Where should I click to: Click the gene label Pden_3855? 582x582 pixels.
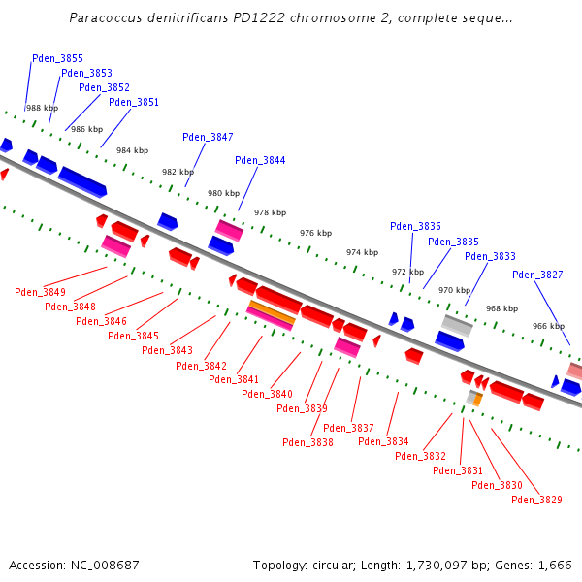(x=57, y=58)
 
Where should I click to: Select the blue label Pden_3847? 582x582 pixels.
(x=208, y=137)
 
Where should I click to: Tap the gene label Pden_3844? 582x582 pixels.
(x=260, y=160)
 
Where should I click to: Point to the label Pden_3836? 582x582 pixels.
(x=415, y=226)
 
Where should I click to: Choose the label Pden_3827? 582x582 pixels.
(x=537, y=275)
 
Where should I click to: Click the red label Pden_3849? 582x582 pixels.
(x=40, y=292)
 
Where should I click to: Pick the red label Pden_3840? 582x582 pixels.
(x=267, y=394)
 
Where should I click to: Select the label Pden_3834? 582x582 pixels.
(x=383, y=441)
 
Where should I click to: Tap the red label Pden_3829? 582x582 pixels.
(x=536, y=500)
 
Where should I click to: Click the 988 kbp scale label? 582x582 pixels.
(x=42, y=109)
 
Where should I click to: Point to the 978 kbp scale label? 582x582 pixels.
(x=270, y=212)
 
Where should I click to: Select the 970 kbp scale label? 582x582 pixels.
(x=454, y=290)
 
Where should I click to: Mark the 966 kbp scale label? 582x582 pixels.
(x=548, y=327)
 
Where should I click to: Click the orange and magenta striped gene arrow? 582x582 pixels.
(x=271, y=314)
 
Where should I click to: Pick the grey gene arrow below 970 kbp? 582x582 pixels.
(x=457, y=325)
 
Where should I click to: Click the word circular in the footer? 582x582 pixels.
(x=328, y=565)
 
